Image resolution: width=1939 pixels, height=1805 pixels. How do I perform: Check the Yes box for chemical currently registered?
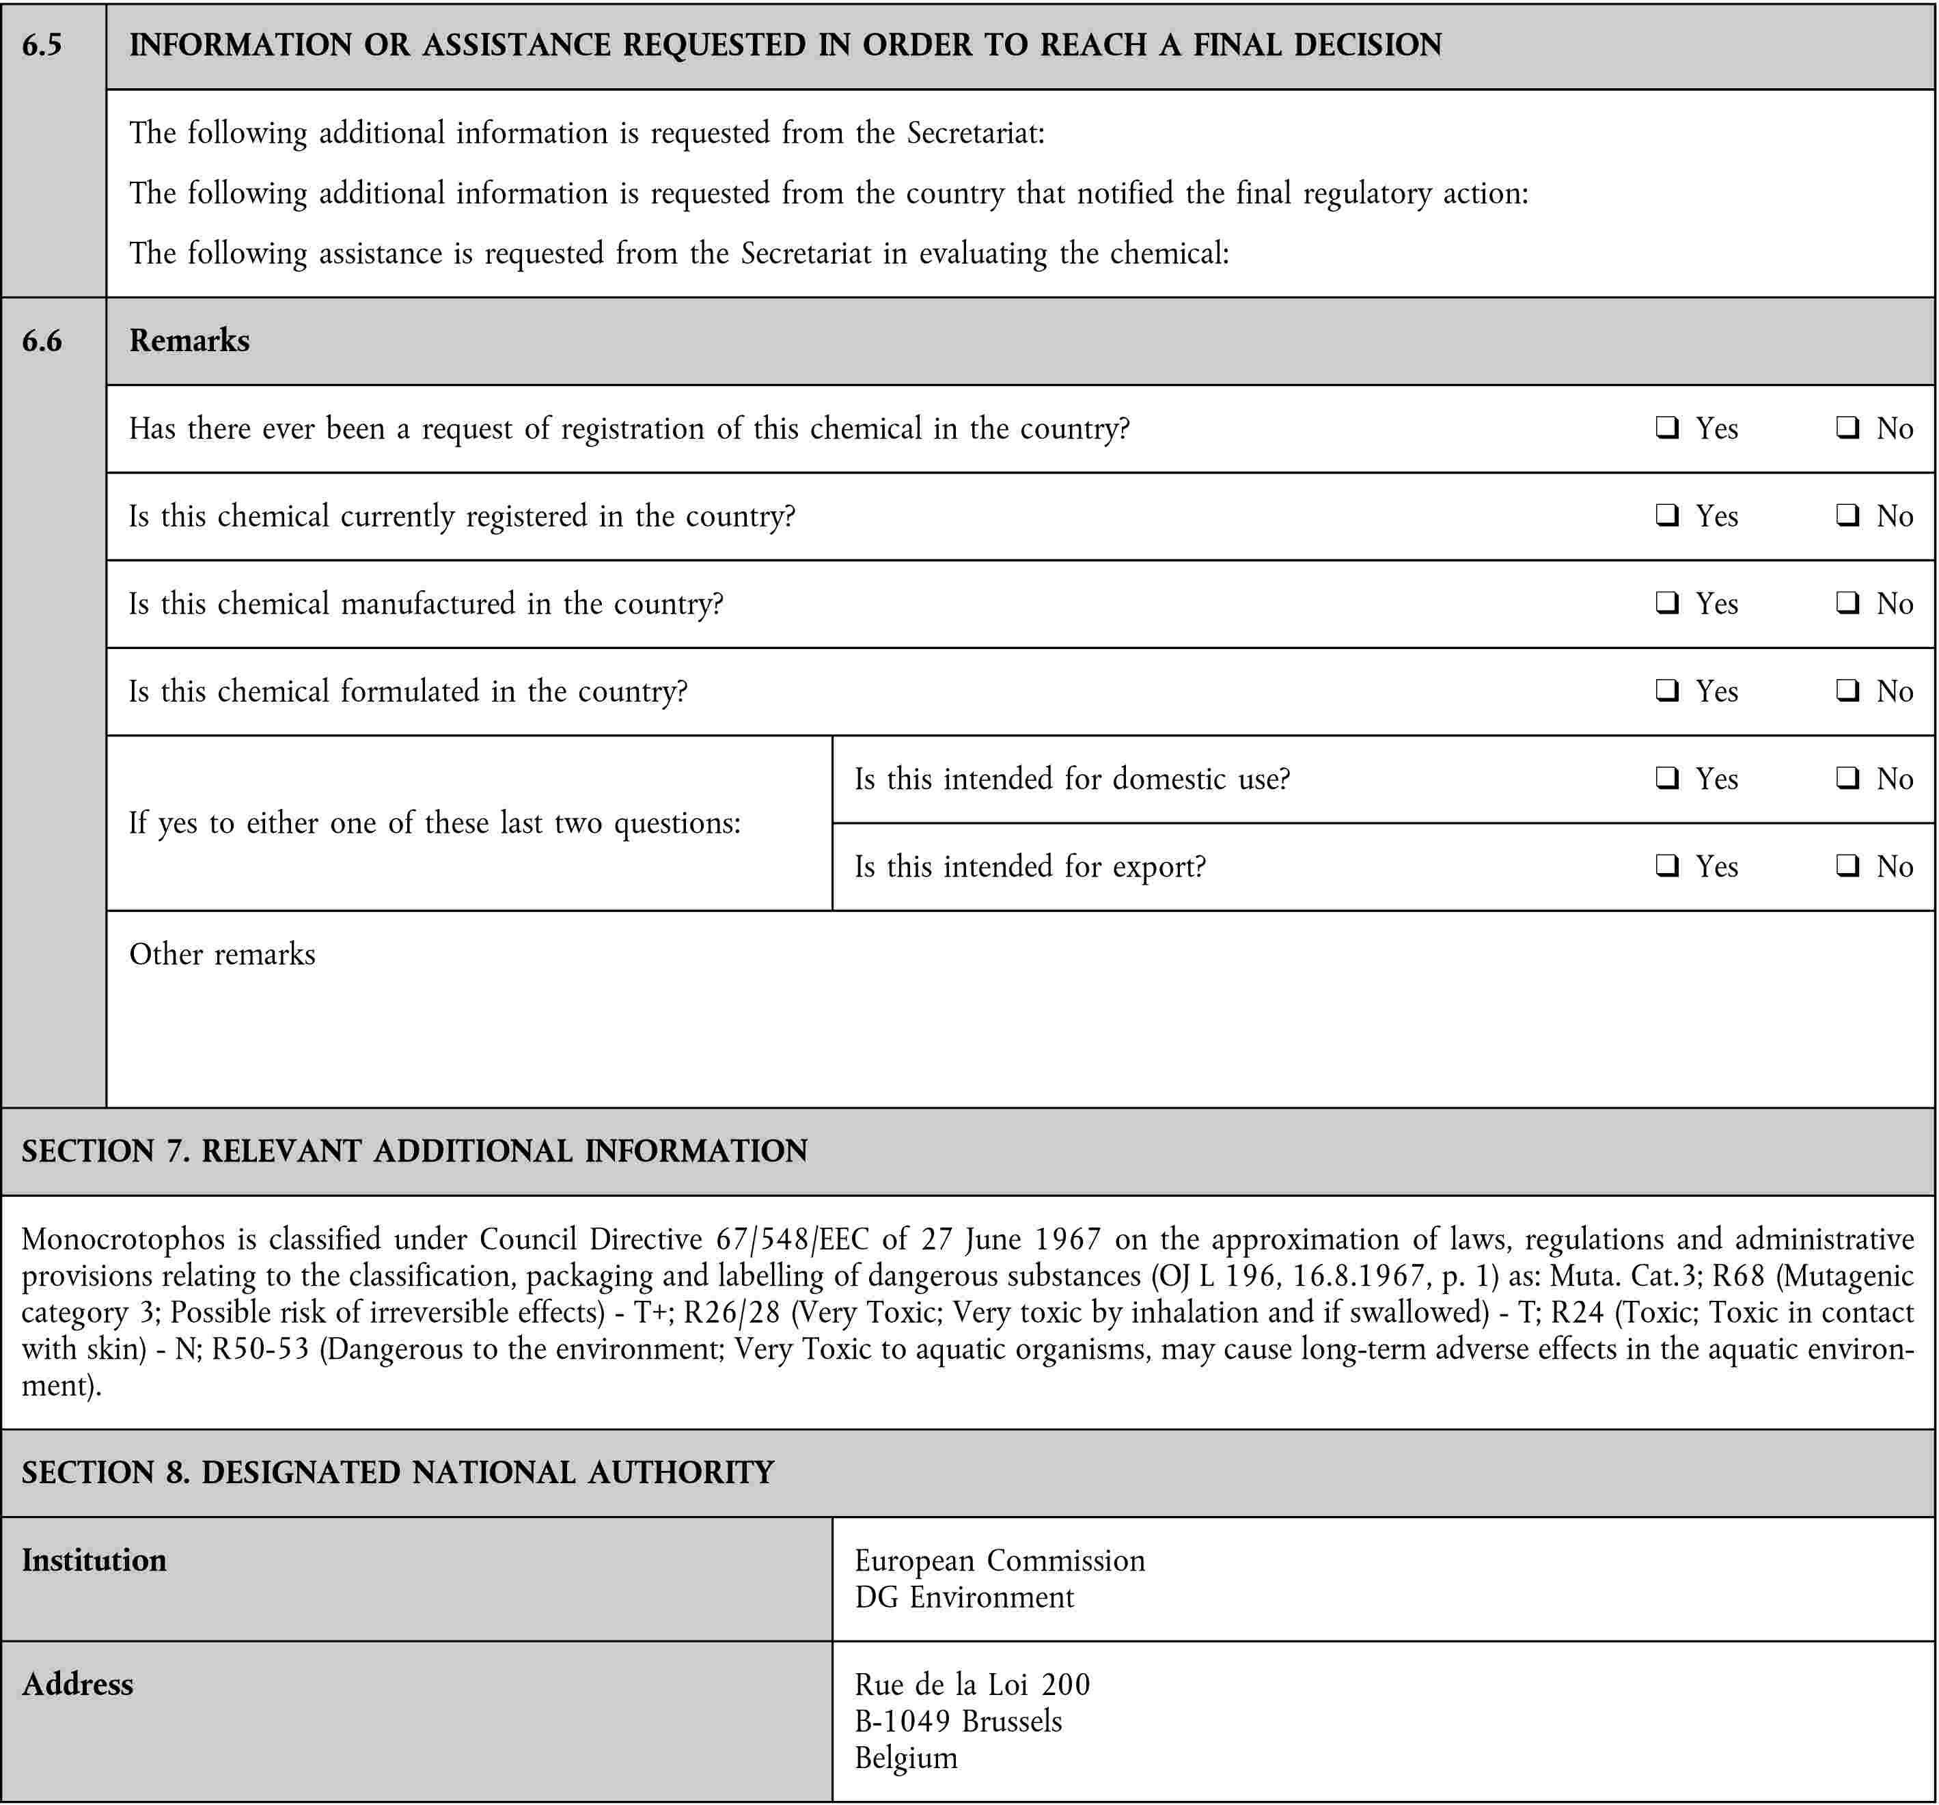pyautogui.click(x=1667, y=515)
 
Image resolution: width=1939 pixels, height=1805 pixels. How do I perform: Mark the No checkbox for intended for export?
pyautogui.click(x=1847, y=865)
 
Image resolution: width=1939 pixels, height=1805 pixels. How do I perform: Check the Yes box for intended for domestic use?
pyautogui.click(x=1667, y=777)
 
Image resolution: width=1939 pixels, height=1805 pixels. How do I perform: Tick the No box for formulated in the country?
pyautogui.click(x=1847, y=691)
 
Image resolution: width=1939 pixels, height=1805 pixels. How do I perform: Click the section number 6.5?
pyautogui.click(x=42, y=45)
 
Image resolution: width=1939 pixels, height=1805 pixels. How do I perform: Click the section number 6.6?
pyautogui.click(x=42, y=340)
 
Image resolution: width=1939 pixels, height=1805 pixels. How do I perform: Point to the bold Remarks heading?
pyautogui.click(x=189, y=340)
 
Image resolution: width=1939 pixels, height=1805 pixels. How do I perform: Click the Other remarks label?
pyautogui.click(x=222, y=954)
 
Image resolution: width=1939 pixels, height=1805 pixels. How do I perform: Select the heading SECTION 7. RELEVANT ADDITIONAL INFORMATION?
pyautogui.click(x=415, y=1150)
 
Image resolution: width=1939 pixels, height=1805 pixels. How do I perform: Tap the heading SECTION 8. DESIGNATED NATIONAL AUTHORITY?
pyautogui.click(x=398, y=1472)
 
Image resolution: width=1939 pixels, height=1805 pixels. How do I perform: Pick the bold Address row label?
pyautogui.click(x=78, y=1684)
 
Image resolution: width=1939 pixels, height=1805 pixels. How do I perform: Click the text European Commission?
pyautogui.click(x=1000, y=1560)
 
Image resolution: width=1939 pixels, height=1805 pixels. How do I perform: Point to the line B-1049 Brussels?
pyautogui.click(x=958, y=1721)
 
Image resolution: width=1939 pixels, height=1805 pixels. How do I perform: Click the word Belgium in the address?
pyautogui.click(x=906, y=1757)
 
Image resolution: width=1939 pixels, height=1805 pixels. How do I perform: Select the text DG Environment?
pyautogui.click(x=963, y=1597)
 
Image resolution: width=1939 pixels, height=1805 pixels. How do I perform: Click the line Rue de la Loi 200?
pyautogui.click(x=972, y=1684)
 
